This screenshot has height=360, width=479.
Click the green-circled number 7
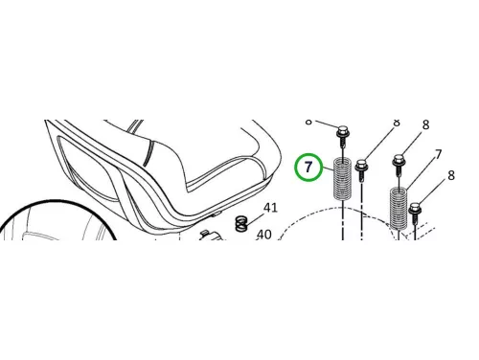308,167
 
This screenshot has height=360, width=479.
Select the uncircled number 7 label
439,154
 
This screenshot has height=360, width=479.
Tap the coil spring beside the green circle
343,179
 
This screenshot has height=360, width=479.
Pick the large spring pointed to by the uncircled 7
399,209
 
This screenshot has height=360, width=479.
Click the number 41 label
270,208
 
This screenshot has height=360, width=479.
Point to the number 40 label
264,235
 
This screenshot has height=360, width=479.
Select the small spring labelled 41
241,223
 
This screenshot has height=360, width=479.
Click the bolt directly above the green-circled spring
343,136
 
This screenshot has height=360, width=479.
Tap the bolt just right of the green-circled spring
361,169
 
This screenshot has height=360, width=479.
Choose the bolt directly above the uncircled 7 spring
399,165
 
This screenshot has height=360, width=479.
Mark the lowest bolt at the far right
416,213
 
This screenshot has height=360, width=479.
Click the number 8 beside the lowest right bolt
451,175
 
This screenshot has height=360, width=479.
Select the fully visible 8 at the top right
425,124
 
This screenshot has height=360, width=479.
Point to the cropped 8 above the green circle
308,122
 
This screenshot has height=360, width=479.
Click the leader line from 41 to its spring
255,219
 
